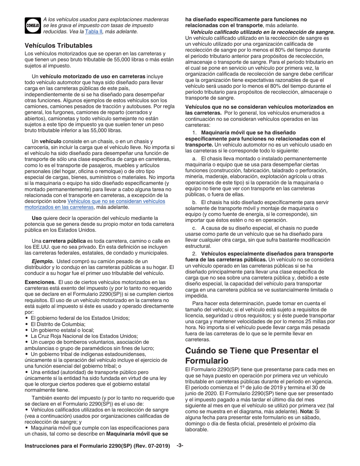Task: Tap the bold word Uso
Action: point(37,218)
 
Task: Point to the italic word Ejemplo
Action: point(42,261)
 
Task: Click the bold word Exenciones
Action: point(40,282)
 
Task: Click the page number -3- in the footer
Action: point(180,446)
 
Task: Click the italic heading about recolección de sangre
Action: point(263,32)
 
